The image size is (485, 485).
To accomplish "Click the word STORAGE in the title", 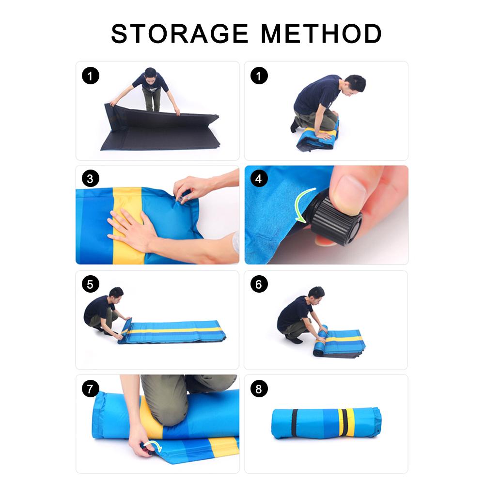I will point(181,34).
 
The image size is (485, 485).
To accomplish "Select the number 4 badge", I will point(259,179).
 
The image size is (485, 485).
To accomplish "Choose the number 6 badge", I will point(259,284).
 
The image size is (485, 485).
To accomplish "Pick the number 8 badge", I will point(259,389).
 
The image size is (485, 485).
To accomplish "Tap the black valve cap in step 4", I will point(339,221).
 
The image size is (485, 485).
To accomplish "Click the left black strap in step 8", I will point(295,423).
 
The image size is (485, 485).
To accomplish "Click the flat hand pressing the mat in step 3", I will point(128,228).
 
